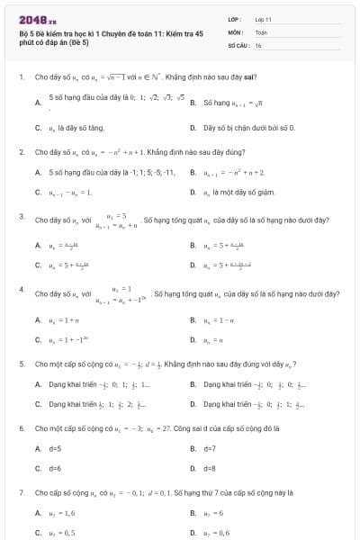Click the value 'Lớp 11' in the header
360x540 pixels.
click(x=263, y=19)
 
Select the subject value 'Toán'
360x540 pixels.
click(x=261, y=31)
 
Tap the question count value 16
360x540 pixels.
click(x=258, y=44)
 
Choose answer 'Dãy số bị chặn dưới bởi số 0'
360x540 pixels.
click(x=243, y=129)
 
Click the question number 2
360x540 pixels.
click(x=21, y=152)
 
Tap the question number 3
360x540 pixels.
click(x=21, y=217)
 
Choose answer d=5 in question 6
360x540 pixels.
click(x=55, y=447)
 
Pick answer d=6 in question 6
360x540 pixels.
click(x=55, y=468)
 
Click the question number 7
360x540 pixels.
click(x=21, y=493)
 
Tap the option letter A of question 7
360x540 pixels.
click(x=38, y=514)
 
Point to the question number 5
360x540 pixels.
click(x=21, y=364)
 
